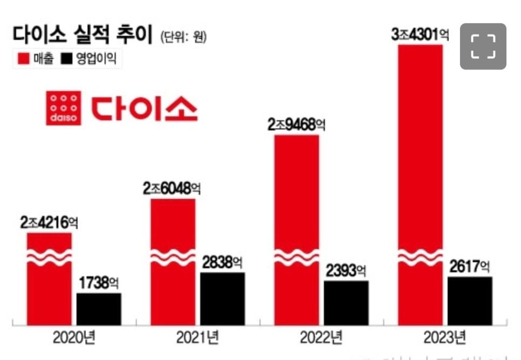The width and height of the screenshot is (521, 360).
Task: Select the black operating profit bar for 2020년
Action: click(x=99, y=309)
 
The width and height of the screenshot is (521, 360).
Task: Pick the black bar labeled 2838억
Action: click(x=222, y=298)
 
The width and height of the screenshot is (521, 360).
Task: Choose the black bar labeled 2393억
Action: click(x=346, y=302)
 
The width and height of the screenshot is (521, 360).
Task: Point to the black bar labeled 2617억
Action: click(x=470, y=301)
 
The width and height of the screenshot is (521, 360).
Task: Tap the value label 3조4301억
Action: click(x=421, y=35)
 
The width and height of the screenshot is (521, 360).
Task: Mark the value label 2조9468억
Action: click(x=297, y=125)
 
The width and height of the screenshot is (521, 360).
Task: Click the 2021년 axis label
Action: click(x=197, y=339)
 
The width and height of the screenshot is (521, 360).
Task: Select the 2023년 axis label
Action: click(x=444, y=339)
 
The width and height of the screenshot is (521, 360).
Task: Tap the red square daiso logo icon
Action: click(x=64, y=108)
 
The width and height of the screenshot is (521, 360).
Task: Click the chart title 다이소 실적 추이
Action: click(x=82, y=36)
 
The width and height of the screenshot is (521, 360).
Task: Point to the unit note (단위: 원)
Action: click(x=183, y=37)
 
